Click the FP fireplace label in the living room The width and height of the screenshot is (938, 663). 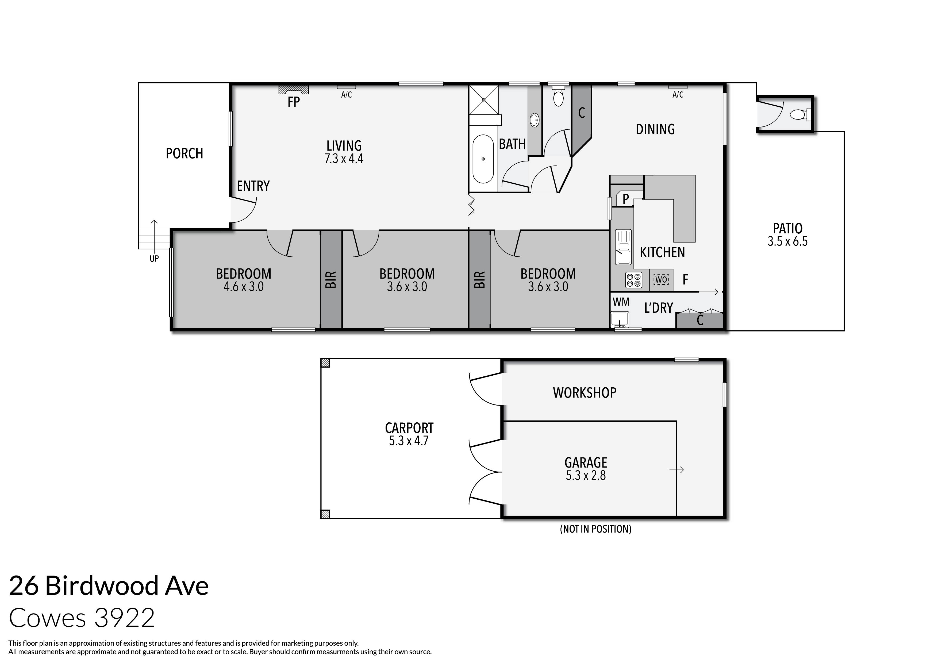click(x=293, y=102)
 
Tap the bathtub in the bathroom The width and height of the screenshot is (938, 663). click(x=483, y=159)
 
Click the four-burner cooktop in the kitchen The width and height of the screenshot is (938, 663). click(x=633, y=280)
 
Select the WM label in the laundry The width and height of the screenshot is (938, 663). click(x=621, y=302)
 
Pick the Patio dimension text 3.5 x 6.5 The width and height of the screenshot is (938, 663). click(x=787, y=241)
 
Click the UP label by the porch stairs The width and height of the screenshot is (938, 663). click(x=154, y=259)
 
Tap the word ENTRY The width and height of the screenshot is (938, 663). click(x=253, y=186)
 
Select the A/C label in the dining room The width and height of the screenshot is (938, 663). click(x=678, y=95)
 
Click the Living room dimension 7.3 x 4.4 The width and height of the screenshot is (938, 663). click(x=344, y=159)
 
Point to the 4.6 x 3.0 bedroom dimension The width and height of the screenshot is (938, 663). click(x=244, y=287)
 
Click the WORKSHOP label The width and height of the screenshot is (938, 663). click(x=584, y=392)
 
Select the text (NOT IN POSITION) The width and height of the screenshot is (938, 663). click(x=595, y=529)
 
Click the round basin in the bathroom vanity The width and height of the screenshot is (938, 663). click(x=534, y=120)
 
